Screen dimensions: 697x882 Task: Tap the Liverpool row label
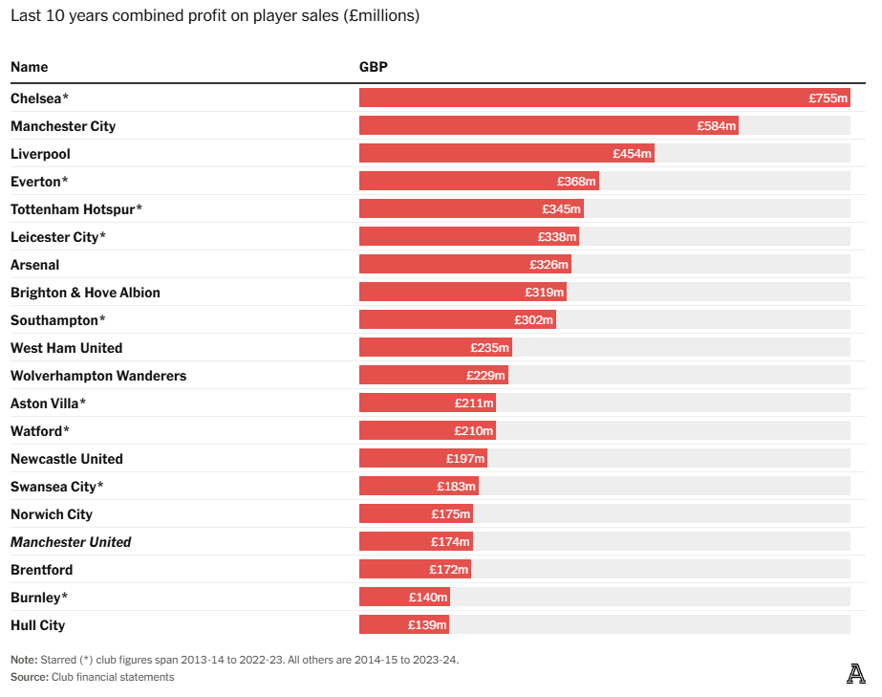(40, 154)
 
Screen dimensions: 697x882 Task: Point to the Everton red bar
(478, 182)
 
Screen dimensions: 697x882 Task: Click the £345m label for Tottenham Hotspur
(561, 209)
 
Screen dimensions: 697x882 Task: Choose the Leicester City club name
(58, 237)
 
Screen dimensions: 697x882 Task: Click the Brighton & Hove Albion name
(85, 293)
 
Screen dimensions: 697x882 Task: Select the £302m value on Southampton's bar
(533, 320)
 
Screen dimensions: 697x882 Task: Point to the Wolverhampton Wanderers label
(98, 376)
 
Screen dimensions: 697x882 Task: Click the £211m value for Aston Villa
(474, 403)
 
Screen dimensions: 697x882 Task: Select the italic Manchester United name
(71, 542)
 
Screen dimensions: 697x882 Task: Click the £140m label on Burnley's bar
(428, 598)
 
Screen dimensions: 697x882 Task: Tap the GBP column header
(373, 67)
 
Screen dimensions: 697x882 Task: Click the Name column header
(29, 67)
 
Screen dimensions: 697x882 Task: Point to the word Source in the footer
(28, 677)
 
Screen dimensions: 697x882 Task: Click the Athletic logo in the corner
(855, 674)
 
